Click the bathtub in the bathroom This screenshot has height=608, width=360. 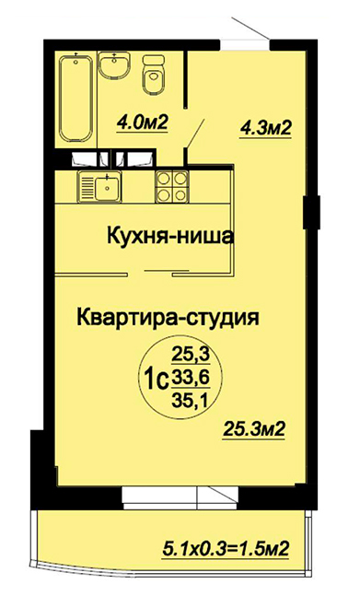pyautogui.click(x=76, y=99)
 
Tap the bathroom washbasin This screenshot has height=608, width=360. pyautogui.click(x=114, y=65)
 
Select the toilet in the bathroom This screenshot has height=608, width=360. pyautogui.click(x=154, y=75)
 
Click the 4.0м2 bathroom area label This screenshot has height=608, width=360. pyautogui.click(x=142, y=123)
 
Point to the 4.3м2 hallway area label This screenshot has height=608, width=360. pyautogui.click(x=265, y=127)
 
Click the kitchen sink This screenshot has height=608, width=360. pyautogui.click(x=99, y=187)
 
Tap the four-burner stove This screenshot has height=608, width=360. pyautogui.click(x=171, y=186)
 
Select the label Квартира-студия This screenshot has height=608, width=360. pyautogui.click(x=168, y=318)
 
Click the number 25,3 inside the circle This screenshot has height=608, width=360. pyautogui.click(x=191, y=354)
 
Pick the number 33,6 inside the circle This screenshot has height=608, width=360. pyautogui.click(x=191, y=377)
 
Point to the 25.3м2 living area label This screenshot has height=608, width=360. pyautogui.click(x=254, y=429)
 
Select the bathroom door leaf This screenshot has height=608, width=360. pyautogui.click(x=195, y=134)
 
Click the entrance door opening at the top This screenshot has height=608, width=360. pyautogui.click(x=245, y=44)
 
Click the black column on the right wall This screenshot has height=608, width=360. pyautogui.click(x=311, y=212)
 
